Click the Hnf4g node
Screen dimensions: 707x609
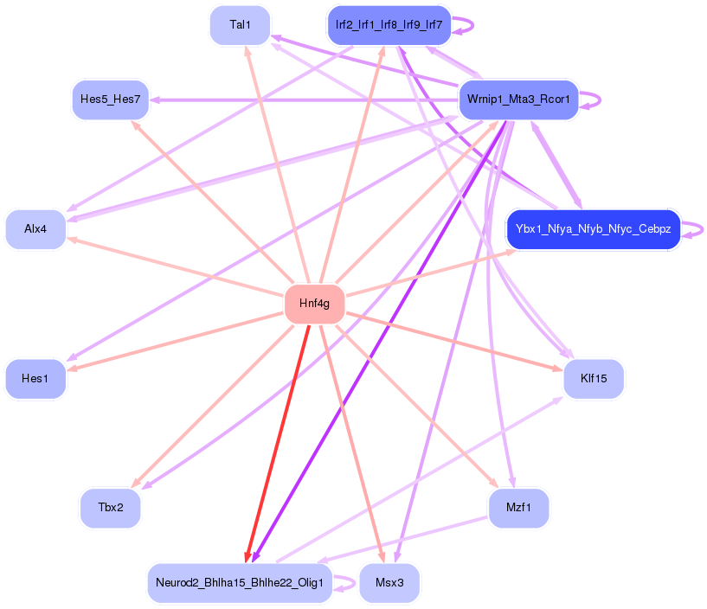click(x=314, y=304)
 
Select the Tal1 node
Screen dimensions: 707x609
click(x=240, y=25)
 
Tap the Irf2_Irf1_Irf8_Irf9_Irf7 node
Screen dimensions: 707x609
click(x=389, y=25)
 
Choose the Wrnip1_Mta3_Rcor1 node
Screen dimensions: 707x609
click(x=517, y=99)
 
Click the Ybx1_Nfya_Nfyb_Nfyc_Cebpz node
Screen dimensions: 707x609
click(x=593, y=229)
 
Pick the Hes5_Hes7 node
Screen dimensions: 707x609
click(x=110, y=99)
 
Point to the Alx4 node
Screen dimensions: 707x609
click(x=35, y=229)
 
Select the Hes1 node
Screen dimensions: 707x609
click(x=35, y=378)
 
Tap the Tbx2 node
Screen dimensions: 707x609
click(x=110, y=508)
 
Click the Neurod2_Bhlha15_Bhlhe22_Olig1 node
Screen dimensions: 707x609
click(x=240, y=582)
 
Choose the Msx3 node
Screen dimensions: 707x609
click(x=389, y=582)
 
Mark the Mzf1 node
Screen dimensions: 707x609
click(x=517, y=508)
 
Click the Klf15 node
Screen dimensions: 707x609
click(x=593, y=378)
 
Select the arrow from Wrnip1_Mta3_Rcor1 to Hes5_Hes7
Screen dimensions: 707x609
click(x=303, y=100)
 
